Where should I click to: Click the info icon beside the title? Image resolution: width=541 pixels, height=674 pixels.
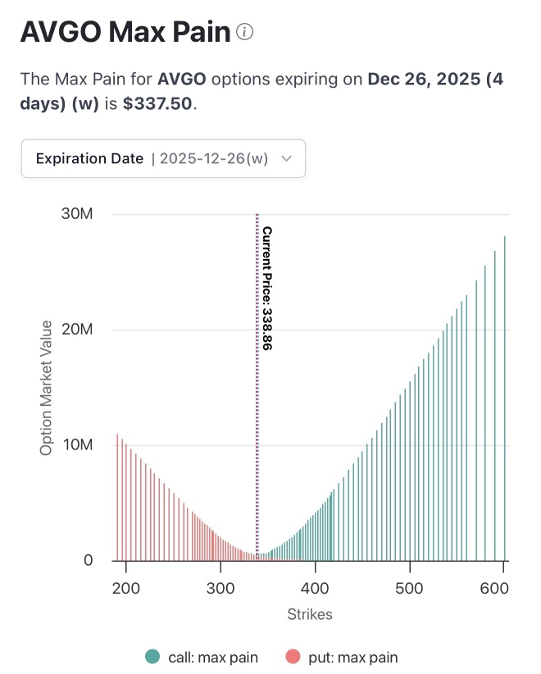tap(244, 32)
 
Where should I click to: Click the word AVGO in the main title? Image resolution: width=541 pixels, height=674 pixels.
tap(61, 32)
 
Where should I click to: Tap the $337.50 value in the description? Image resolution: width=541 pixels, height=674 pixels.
tap(157, 103)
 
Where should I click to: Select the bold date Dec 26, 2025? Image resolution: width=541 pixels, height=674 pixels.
tap(424, 79)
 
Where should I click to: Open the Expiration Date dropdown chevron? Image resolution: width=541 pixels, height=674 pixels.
tap(287, 158)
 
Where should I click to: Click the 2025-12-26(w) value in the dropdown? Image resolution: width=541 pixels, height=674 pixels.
tap(214, 158)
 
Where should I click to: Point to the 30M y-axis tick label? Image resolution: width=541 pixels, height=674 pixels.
tap(77, 214)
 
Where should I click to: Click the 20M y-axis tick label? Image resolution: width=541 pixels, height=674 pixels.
tap(77, 330)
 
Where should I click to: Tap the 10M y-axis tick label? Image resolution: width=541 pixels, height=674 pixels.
tap(78, 445)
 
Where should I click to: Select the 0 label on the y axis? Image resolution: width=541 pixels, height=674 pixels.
tap(88, 560)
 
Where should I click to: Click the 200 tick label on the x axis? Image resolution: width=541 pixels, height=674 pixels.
tap(126, 588)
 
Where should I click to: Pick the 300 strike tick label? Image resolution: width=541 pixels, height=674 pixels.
tap(220, 588)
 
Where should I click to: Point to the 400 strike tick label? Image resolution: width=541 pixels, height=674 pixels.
tap(315, 588)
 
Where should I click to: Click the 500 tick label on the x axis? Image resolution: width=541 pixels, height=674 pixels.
tap(410, 588)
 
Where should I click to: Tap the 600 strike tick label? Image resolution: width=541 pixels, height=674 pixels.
tap(494, 588)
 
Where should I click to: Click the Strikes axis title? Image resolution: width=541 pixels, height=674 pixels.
tap(310, 614)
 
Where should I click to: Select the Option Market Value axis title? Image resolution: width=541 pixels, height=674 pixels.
tap(46, 388)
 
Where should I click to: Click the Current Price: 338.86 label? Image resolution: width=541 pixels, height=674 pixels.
tap(267, 289)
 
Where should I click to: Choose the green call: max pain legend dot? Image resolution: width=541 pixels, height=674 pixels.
tap(152, 657)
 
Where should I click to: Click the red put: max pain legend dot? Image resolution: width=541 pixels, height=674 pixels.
tap(293, 657)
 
